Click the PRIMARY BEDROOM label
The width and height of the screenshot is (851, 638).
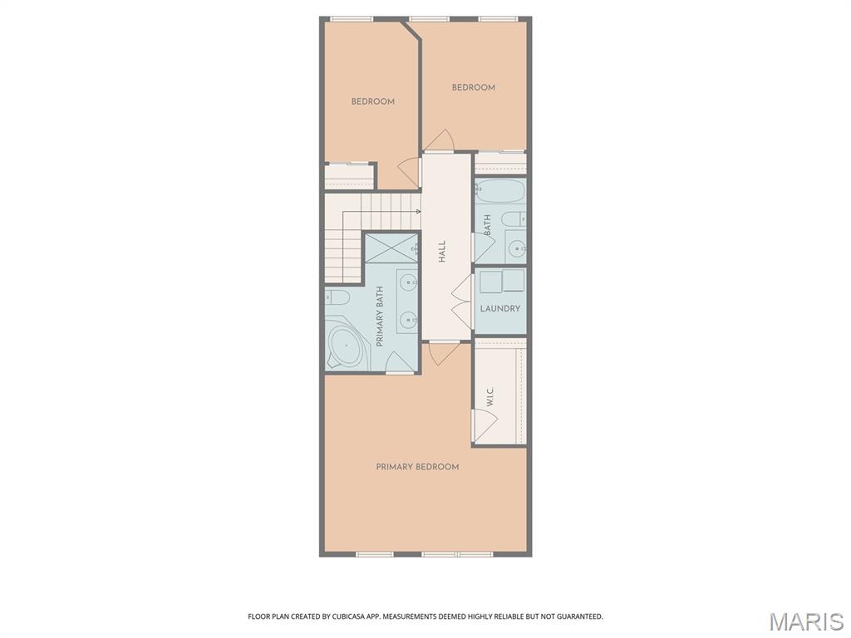[x=417, y=467]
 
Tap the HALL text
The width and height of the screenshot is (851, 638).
[x=442, y=251]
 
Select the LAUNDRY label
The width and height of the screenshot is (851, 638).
[x=500, y=308]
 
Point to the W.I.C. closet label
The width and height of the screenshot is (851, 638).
[x=490, y=397]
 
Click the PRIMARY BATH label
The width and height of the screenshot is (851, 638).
[x=380, y=317]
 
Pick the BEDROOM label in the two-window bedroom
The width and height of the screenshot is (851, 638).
[x=473, y=87]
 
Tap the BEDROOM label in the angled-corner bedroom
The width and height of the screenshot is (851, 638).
[x=372, y=101]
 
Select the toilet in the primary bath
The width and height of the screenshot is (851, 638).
[x=337, y=297]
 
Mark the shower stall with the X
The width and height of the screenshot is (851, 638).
[x=391, y=247]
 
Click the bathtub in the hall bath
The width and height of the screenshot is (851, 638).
[x=500, y=192]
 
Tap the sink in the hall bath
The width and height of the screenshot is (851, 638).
[x=515, y=247]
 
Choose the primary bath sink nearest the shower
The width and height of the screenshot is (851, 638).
[x=408, y=283]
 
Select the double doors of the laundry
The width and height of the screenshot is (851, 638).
[x=462, y=302]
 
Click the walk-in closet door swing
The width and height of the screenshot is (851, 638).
[x=484, y=425]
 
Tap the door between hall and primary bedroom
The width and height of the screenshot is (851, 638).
[x=443, y=352]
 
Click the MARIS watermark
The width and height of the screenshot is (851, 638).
[x=805, y=621]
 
